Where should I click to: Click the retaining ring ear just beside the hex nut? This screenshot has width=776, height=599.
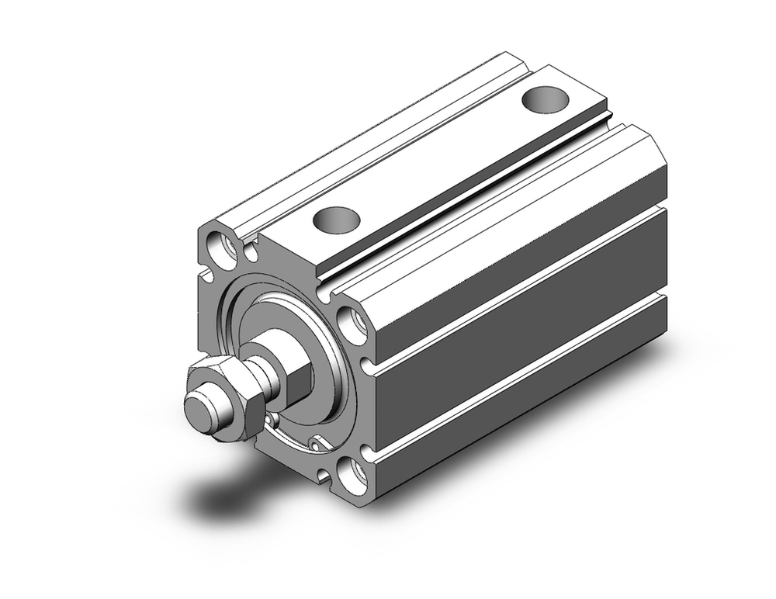click(x=271, y=421)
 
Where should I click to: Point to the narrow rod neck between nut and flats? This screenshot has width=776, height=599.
click(x=260, y=376)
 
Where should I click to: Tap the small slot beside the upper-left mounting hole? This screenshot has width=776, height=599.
click(x=251, y=253)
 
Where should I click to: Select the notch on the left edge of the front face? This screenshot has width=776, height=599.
click(x=206, y=275)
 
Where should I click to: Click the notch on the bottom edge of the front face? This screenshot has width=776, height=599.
click(x=320, y=474)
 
